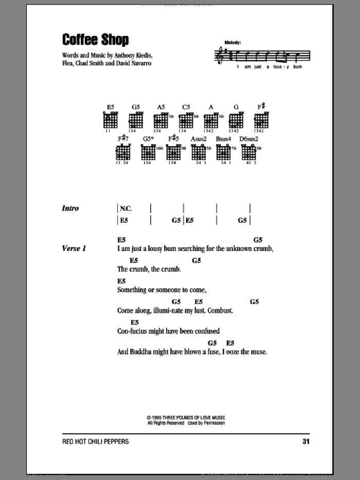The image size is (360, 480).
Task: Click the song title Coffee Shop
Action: pyautogui.click(x=95, y=40)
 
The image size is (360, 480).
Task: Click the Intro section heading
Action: pyautogui.click(x=70, y=208)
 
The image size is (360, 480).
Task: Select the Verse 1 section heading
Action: pyautogui.click(x=74, y=248)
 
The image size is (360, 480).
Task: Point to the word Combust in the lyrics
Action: pyautogui.click(x=220, y=311)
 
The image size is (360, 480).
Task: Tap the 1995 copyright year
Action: pyautogui.click(x=157, y=417)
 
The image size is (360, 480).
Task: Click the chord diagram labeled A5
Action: pyautogui.click(x=160, y=120)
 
